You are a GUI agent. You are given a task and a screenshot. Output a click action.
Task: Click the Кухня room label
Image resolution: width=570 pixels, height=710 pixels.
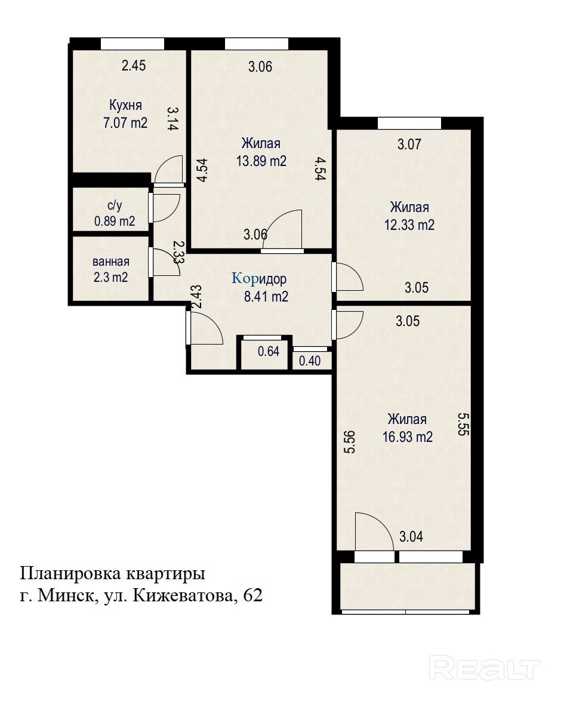pos(125,106)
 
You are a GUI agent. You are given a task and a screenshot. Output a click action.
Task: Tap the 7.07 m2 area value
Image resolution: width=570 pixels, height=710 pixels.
pos(125,122)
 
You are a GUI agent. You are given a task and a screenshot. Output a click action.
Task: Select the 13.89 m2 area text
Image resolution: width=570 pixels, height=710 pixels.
pos(261,161)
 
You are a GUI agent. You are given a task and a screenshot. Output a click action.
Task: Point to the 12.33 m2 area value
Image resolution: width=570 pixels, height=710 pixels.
pos(409,225)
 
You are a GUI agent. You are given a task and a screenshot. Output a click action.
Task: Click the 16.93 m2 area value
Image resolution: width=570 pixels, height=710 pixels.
pos(408,437)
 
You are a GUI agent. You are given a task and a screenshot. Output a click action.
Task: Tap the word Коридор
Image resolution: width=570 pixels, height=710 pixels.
pos(259,278)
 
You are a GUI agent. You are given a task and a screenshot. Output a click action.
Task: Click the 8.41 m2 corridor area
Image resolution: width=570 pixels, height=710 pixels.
pos(266,297)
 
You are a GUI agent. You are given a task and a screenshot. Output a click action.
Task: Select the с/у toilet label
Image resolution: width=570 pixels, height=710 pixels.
pos(115,205)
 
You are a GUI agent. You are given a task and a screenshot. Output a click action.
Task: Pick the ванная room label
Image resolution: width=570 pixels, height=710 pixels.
pos(111,262)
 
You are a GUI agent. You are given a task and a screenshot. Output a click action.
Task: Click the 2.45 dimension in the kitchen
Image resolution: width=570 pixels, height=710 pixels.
pos(134,66)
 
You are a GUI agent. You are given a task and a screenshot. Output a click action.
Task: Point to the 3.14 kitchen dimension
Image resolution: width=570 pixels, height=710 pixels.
pos(172,118)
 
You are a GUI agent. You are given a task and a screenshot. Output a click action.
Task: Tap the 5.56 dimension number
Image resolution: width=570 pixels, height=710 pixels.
pos(350,442)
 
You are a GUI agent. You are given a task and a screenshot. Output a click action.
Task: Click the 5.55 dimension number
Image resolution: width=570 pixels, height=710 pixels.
pos(463,424)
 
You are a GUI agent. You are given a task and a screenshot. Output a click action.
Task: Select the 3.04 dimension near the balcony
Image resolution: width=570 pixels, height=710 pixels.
pos(411,537)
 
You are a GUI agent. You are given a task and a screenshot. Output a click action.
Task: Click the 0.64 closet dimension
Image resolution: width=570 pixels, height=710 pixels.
pos(269,351)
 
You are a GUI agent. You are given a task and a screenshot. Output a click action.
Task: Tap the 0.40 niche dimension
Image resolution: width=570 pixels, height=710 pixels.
pos(310,361)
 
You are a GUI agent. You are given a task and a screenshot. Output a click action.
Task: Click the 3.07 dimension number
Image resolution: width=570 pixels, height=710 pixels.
pos(409,145)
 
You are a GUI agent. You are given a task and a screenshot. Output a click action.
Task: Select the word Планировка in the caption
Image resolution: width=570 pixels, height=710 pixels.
pos(70,574)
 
